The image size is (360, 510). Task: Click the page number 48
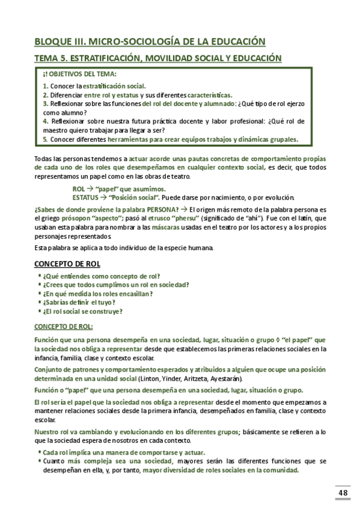[x=343, y=493]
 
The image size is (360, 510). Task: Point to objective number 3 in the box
[x=46, y=103]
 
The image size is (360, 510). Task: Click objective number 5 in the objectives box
[x=46, y=140]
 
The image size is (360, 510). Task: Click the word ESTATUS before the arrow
[x=85, y=197]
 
